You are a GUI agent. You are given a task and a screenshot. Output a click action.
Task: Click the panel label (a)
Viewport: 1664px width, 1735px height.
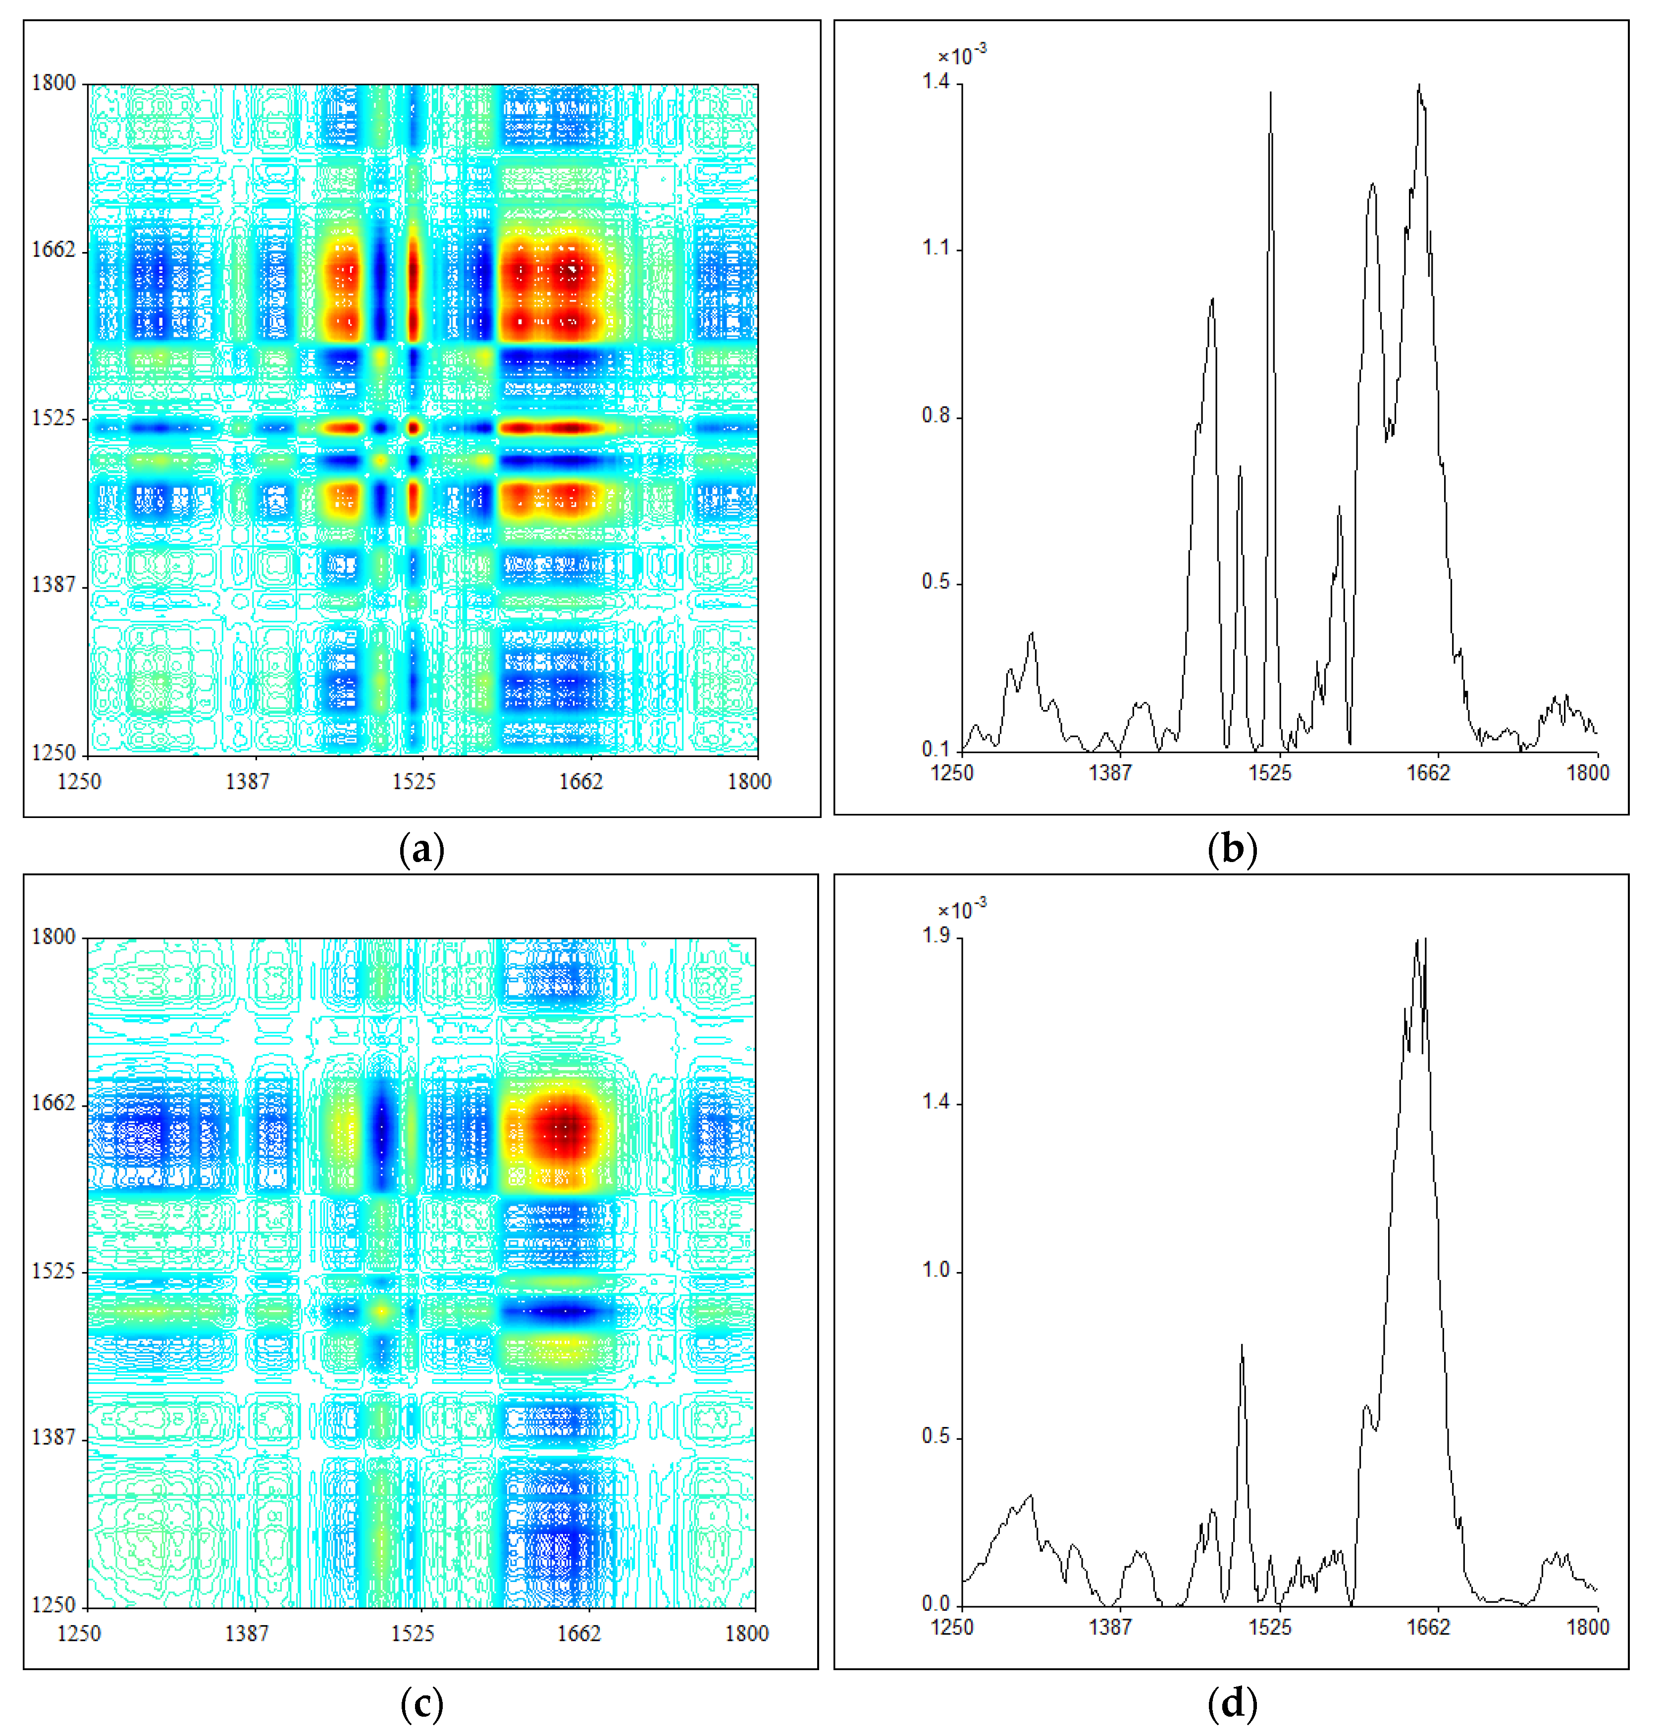(421, 850)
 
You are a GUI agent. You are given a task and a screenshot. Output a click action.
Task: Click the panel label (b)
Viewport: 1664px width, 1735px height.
(1231, 850)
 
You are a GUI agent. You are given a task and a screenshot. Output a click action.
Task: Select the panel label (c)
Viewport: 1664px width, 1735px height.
(421, 1703)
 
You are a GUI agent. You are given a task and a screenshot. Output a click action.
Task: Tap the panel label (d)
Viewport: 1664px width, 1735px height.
(1231, 1703)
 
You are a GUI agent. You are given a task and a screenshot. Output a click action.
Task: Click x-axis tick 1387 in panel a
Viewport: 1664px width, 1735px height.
(247, 781)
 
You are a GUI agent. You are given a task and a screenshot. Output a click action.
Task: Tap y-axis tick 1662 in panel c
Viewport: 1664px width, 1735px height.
(54, 1103)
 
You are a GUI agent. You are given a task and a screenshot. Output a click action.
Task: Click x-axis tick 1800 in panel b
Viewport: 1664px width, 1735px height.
(1587, 773)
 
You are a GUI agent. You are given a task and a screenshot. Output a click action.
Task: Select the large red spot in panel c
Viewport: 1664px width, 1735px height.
(564, 1128)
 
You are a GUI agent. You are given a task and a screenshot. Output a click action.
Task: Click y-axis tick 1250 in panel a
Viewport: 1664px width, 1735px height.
(54, 753)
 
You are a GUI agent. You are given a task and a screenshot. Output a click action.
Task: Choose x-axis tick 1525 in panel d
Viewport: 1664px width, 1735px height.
(1270, 1627)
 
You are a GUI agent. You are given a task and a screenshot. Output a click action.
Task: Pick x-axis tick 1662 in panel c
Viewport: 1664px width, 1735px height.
(579, 1633)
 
